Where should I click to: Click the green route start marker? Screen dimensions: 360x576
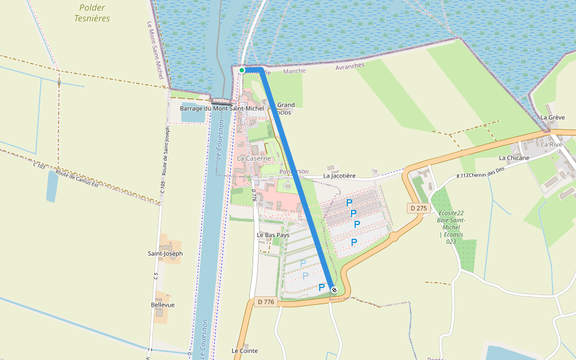242,70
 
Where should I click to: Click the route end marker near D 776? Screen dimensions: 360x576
334,290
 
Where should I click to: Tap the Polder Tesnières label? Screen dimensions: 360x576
92,13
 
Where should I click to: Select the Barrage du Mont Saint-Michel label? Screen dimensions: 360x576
221,109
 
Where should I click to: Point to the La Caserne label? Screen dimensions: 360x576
254,158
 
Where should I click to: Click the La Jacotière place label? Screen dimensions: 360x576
339,176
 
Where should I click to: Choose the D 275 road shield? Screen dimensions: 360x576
419,208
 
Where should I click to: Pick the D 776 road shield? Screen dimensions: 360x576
265,302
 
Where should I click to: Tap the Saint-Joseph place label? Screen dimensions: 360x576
165,254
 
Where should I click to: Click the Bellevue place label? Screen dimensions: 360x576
163,305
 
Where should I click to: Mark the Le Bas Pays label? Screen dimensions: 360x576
273,235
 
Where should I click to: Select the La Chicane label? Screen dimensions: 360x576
514,158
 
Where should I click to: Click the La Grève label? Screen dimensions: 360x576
553,118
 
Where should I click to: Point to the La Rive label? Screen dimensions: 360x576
551,145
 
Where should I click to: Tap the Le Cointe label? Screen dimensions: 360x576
244,350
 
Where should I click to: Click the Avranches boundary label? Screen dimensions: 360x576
350,66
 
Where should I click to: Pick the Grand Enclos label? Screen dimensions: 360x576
285,109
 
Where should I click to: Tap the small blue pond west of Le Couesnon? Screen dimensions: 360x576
52,186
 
